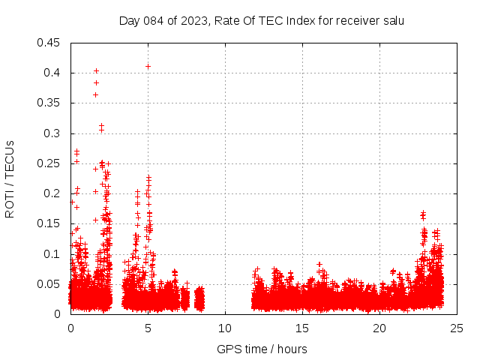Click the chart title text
(262, 20)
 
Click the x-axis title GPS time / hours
(262, 349)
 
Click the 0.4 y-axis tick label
(54, 73)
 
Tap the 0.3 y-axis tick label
(54, 133)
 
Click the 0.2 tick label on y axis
(54, 193)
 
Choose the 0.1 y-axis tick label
(54, 253)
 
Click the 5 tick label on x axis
(148, 328)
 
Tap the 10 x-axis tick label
(225, 328)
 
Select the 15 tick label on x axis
(302, 328)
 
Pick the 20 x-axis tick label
(379, 328)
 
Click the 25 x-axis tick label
(457, 328)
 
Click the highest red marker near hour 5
(148, 66)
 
